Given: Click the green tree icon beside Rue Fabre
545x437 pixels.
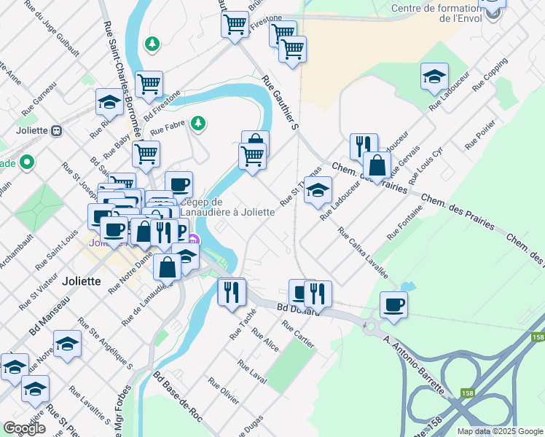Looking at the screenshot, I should [x=197, y=123].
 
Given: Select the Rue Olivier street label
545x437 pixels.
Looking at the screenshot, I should [x=224, y=391].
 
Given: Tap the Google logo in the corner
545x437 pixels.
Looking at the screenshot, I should [x=24, y=428].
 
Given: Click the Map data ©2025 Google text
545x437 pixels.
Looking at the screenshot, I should [x=501, y=431].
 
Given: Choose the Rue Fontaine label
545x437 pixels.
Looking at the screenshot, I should [x=404, y=224].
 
